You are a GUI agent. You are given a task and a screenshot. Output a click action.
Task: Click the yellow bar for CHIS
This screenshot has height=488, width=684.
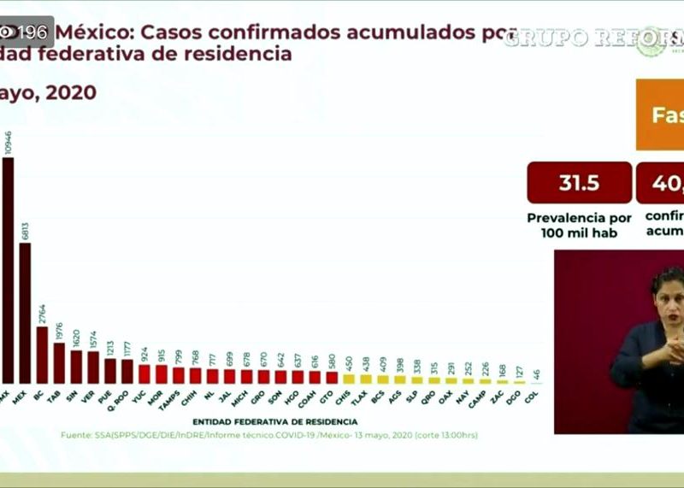(x=349, y=379)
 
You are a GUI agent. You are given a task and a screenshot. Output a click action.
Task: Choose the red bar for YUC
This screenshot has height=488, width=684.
(x=144, y=373)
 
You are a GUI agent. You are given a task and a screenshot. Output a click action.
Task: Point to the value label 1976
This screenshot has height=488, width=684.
(x=59, y=332)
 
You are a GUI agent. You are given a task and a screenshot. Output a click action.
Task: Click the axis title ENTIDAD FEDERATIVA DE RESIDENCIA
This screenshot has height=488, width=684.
(x=274, y=421)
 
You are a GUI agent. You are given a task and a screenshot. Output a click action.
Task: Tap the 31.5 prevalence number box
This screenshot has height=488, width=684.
(x=579, y=183)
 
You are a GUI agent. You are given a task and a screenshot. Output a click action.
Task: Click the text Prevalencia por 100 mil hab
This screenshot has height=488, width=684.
(x=579, y=225)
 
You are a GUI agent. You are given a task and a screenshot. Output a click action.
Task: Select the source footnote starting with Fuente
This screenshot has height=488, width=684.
(x=269, y=435)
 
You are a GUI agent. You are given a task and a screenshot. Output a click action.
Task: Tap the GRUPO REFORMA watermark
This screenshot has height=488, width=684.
(x=590, y=38)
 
